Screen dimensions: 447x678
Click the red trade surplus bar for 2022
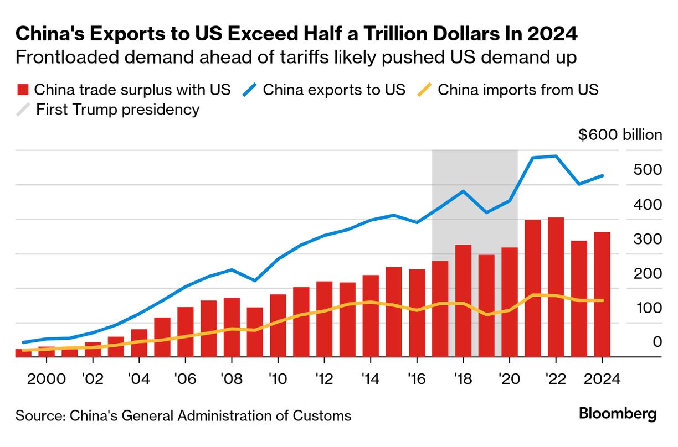[x=556, y=288]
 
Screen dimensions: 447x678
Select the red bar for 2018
[x=463, y=302]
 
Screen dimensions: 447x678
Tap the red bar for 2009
[x=255, y=332]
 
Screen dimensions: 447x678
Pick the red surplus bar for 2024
[x=602, y=295]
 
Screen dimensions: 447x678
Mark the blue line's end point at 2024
[x=603, y=176]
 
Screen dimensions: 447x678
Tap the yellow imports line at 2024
[x=603, y=300]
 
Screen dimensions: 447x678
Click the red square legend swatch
[x=23, y=90]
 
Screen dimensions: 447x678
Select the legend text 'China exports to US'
[x=334, y=90]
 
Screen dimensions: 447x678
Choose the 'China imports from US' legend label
[x=518, y=90]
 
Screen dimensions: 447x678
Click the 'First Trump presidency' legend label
[x=117, y=110]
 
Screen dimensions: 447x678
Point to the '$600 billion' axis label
[x=620, y=135]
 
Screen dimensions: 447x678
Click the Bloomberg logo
[x=618, y=414]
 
